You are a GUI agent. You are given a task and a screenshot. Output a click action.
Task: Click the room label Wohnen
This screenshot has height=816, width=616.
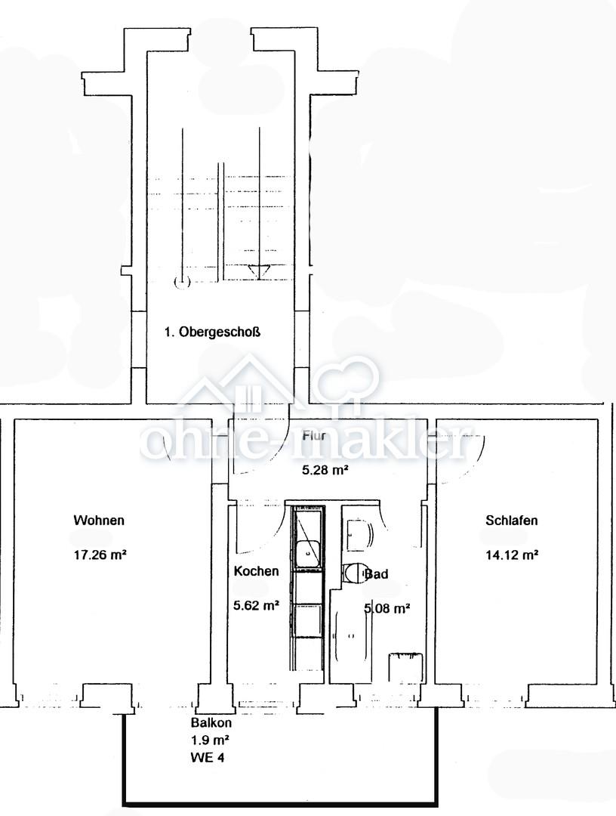coord(99,520)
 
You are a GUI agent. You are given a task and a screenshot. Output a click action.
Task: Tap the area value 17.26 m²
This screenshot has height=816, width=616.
coord(100,555)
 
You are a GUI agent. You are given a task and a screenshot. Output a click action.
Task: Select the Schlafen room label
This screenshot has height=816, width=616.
coord(512,520)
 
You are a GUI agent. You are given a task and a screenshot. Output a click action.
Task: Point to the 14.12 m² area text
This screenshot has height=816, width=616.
coord(512,555)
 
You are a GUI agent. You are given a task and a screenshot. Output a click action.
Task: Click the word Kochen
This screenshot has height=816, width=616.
coord(256,571)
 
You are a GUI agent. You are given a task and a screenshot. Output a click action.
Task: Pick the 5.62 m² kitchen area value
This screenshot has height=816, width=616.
coord(257,605)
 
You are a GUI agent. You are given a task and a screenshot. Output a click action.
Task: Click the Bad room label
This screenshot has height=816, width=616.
coord(377,574)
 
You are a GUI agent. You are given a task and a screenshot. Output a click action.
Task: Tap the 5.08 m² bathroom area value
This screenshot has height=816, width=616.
coord(388,607)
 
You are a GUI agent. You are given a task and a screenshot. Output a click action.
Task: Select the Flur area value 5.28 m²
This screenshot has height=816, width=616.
coord(325,470)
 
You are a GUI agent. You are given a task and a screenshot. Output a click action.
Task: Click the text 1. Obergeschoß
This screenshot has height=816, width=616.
coord(212,332)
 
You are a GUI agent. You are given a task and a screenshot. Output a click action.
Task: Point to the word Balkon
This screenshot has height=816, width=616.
coord(211,723)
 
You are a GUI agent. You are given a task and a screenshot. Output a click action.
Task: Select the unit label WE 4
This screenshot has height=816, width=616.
coord(208,757)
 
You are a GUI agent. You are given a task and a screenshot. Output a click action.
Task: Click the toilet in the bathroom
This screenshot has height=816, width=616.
coord(355,573)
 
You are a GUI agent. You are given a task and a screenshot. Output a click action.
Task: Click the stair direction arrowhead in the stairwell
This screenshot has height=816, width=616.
coord(259,271)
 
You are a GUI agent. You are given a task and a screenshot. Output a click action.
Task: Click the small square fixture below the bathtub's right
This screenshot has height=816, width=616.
coord(406,667)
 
